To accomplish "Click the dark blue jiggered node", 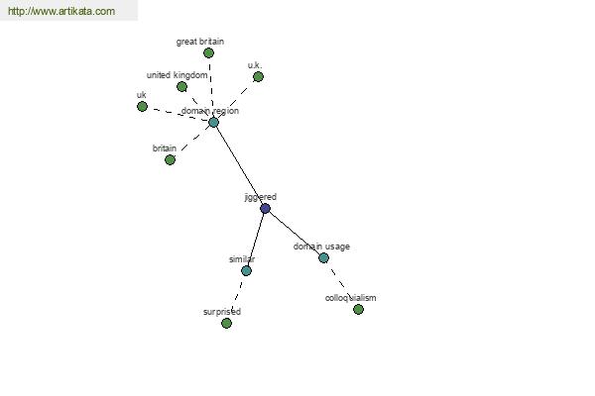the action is (265, 208).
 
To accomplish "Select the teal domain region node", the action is (213, 122).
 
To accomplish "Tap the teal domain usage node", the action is (323, 257).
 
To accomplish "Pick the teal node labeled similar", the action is (246, 270).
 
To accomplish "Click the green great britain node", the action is (208, 52).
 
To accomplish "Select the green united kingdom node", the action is (181, 86).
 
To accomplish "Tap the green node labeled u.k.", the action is (258, 76).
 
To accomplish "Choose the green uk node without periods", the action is (142, 106).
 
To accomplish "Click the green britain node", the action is (170, 159).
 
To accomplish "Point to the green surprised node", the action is (226, 323).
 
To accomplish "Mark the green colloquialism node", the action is (358, 309).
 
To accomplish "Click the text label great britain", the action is (200, 42).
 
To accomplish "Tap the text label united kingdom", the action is (178, 75).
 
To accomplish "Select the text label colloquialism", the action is (351, 297).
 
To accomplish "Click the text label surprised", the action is (222, 312).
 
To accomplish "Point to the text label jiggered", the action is (260, 197).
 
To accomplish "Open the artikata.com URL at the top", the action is (61, 11).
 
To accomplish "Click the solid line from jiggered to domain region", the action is (239, 165).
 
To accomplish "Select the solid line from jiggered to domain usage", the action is (295, 233).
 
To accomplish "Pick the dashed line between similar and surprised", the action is (236, 297).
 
